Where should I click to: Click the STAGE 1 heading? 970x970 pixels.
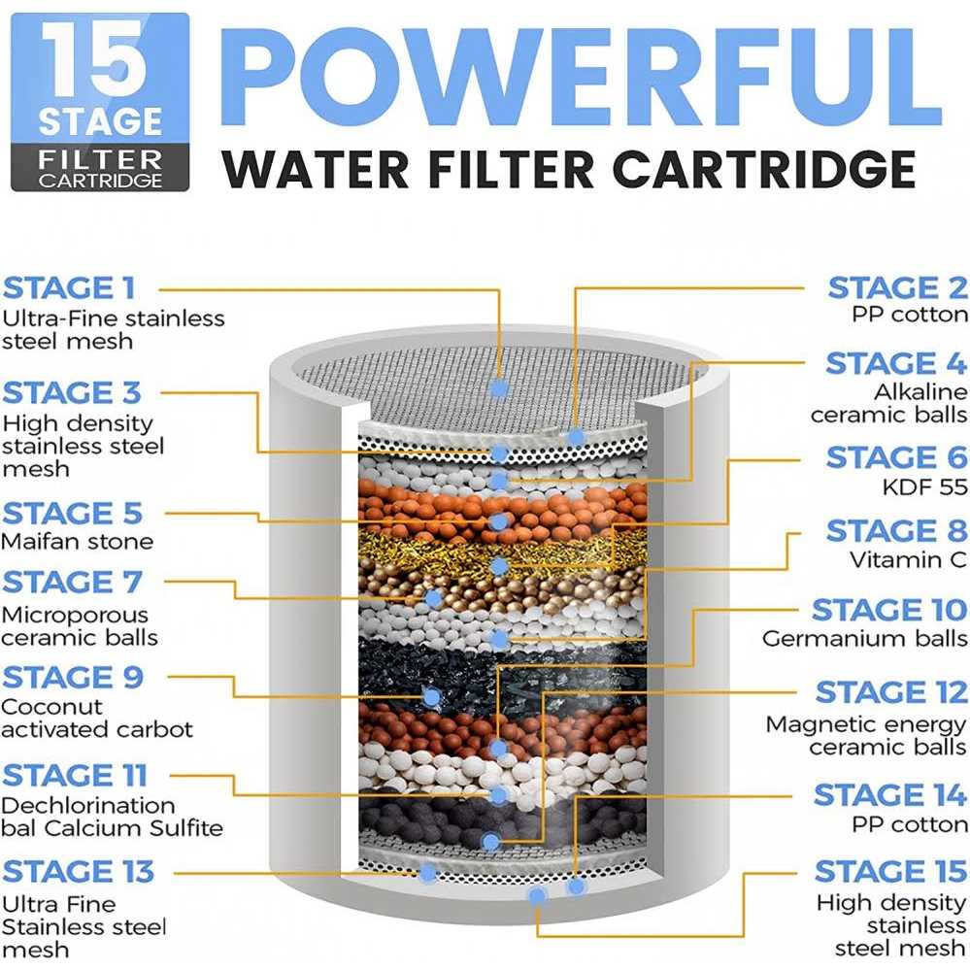(69, 288)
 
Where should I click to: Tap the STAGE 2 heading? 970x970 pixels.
(897, 288)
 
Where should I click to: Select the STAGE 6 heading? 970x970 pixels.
(897, 457)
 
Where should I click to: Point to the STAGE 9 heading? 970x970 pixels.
(73, 678)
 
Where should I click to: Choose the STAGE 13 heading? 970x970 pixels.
(78, 872)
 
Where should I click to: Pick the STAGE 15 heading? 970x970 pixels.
(890, 872)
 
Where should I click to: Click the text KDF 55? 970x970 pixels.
(924, 487)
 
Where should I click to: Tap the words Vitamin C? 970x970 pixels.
(908, 560)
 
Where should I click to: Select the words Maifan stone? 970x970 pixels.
(78, 541)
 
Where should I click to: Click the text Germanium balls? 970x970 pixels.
(865, 639)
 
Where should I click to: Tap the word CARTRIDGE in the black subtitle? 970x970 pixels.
(764, 168)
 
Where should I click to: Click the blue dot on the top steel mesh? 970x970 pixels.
(499, 388)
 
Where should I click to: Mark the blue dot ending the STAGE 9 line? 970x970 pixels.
(432, 697)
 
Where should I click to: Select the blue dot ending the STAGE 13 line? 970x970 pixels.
(427, 873)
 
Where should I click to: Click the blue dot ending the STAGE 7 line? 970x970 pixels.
(433, 598)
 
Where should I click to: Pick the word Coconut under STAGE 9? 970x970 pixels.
(52, 707)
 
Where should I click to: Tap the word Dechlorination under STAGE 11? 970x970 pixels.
(87, 806)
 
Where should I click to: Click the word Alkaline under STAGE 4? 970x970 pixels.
(920, 391)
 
